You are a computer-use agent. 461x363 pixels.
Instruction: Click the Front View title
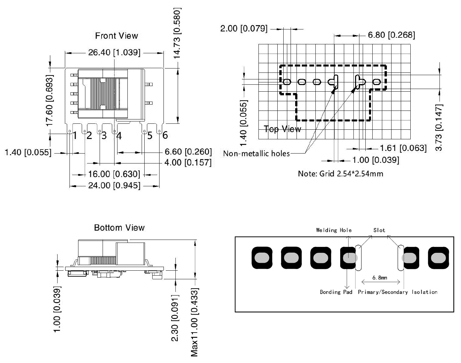coord(116,36)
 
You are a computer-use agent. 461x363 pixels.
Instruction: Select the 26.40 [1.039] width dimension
coord(114,53)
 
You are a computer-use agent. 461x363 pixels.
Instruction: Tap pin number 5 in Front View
coord(150,135)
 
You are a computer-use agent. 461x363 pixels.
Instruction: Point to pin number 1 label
coord(75,135)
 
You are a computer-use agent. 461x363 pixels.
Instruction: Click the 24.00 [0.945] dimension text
coord(114,185)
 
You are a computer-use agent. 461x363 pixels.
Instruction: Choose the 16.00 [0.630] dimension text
coord(114,174)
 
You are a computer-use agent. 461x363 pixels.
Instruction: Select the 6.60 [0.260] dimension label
coord(188,152)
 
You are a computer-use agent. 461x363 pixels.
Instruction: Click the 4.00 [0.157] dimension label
coord(188,162)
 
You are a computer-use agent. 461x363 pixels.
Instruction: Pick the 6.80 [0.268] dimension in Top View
coord(391,35)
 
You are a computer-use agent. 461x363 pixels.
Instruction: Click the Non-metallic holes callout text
coord(256,154)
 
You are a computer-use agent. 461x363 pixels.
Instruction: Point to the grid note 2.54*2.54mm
coord(341,174)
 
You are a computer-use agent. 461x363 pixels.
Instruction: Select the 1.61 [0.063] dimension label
coord(403,148)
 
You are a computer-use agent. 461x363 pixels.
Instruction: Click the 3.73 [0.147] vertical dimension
coord(439,127)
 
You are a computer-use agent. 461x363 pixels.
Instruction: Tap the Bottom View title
coord(119,228)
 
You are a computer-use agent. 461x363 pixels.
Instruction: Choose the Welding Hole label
coord(334,230)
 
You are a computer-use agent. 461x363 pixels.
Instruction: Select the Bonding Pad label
coord(336,292)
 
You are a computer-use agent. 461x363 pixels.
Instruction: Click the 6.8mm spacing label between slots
coord(380,278)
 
